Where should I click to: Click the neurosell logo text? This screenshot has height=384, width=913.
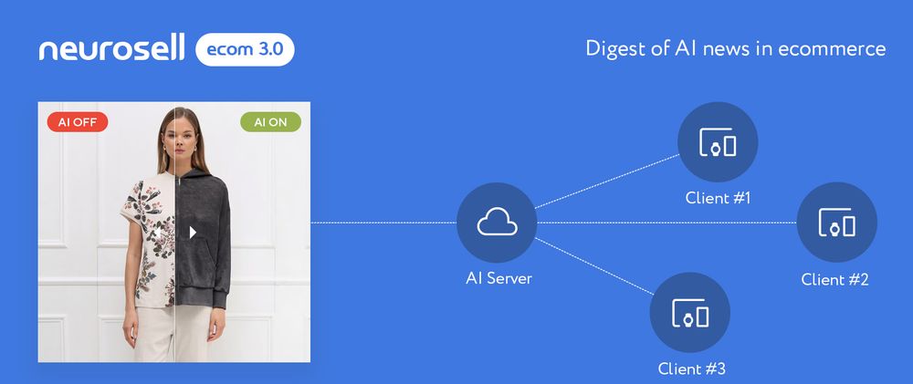[111, 47]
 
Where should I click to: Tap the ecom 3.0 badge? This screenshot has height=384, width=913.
[245, 49]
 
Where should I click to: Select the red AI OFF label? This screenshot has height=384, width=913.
[78, 122]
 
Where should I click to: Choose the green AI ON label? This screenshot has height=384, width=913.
[271, 122]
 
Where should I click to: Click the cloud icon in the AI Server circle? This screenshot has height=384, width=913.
[497, 222]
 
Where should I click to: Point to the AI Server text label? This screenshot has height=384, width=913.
[498, 278]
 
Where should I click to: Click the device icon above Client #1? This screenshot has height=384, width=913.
[718, 142]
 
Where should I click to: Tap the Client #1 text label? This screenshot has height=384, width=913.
[718, 198]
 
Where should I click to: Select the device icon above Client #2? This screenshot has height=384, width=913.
[836, 223]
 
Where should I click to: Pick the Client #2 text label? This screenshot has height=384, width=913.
[835, 279]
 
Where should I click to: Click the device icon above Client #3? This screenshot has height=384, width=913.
[690, 313]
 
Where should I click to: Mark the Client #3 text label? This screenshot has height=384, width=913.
[692, 368]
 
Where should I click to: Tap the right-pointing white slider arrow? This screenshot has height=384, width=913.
[193, 233]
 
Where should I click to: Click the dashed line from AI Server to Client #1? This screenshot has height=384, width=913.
[607, 181]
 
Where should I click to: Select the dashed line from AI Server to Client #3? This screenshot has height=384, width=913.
[594, 266]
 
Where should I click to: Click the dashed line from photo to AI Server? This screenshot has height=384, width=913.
[383, 223]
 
